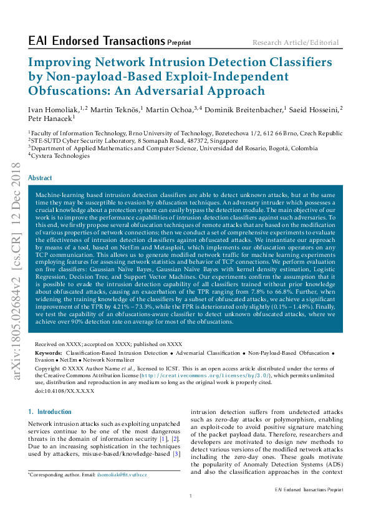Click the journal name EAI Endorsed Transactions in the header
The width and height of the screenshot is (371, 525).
pyautogui.click(x=97, y=42)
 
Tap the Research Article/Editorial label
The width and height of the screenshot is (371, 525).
pyautogui.click(x=296, y=43)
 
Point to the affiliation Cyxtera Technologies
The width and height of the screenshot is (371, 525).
pyautogui.click(x=60, y=155)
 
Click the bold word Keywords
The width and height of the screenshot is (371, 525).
pyautogui.click(x=48, y=353)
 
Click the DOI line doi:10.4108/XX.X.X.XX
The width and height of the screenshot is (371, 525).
pyautogui.click(x=65, y=390)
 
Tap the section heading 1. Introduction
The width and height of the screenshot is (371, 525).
pyautogui.click(x=51, y=412)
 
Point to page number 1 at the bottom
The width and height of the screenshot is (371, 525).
pyautogui.click(x=190, y=496)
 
